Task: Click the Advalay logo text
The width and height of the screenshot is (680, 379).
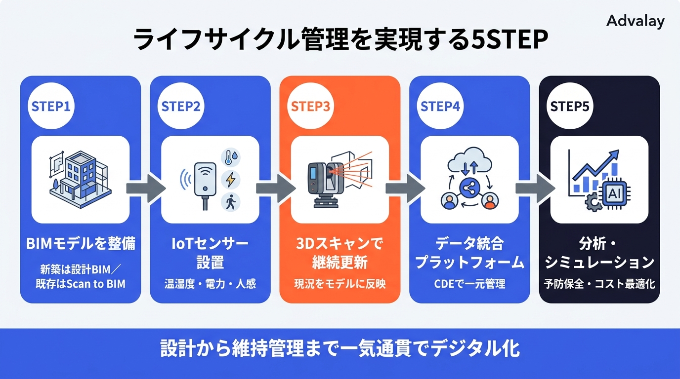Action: [x=635, y=21]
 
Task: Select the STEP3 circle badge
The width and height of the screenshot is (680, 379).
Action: [x=310, y=107]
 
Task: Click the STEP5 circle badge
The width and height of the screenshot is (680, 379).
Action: [x=569, y=107]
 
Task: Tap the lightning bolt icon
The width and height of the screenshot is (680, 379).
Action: [x=230, y=180]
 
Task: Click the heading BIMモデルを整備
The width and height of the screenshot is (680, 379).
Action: [x=81, y=244]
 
